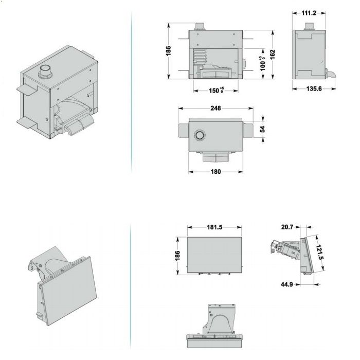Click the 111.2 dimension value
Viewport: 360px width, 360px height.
click(x=309, y=13)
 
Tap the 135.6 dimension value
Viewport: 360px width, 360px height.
click(x=314, y=88)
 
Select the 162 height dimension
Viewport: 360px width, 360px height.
click(x=273, y=55)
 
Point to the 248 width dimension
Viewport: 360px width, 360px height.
click(x=215, y=108)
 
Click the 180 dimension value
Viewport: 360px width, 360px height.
click(x=215, y=171)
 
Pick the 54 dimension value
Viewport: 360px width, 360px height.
click(x=262, y=129)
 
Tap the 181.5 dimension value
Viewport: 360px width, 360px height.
click(x=214, y=227)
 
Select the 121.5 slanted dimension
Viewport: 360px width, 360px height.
click(x=319, y=252)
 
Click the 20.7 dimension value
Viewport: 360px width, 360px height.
click(x=287, y=227)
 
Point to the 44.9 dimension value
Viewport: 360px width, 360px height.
click(x=287, y=284)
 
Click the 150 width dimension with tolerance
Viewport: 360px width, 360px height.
click(x=216, y=90)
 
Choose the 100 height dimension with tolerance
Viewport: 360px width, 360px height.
click(x=262, y=64)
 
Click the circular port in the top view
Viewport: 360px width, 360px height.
click(x=200, y=135)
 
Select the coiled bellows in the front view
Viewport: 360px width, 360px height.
click(x=200, y=56)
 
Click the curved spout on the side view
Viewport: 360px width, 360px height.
click(x=330, y=74)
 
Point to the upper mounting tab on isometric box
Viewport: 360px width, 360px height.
click(x=27, y=90)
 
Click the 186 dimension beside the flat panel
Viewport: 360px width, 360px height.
click(x=177, y=256)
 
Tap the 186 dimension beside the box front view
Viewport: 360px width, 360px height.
click(x=168, y=51)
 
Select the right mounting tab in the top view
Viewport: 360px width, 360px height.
click(x=248, y=131)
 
